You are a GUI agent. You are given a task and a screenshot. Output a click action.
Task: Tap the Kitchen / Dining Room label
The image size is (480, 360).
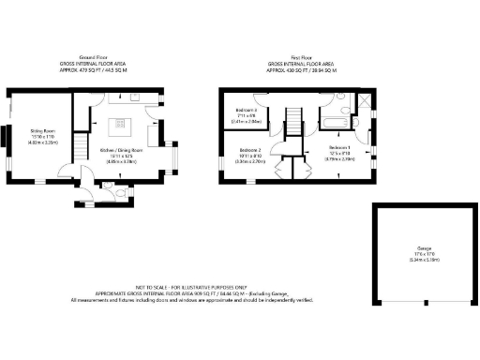[x=121, y=150]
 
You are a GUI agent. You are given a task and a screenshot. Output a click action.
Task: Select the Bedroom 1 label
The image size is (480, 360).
[x=339, y=148]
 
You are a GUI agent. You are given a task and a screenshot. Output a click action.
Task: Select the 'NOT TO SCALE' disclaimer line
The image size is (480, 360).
[x=179, y=286]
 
